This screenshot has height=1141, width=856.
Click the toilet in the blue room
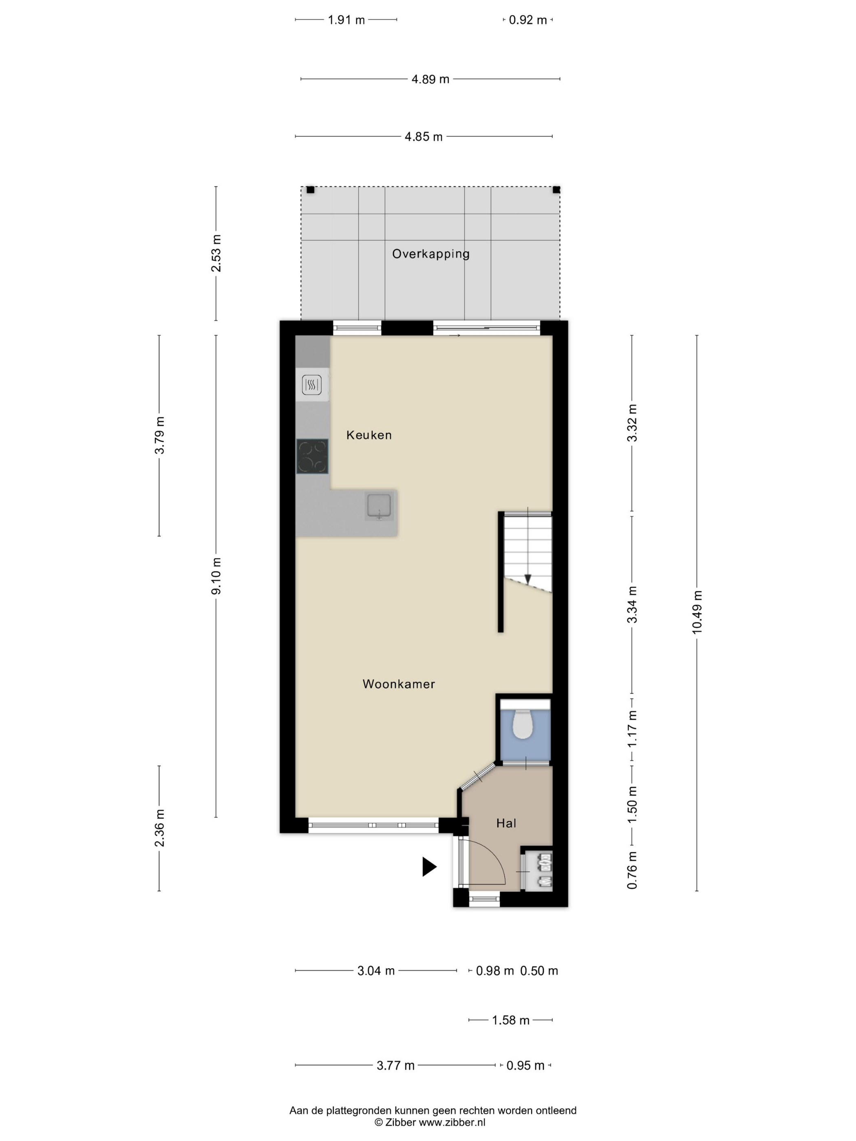tap(522, 724)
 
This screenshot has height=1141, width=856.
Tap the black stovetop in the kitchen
tap(312, 456)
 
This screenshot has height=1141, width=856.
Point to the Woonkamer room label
tap(399, 684)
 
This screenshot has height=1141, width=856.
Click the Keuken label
tap(369, 435)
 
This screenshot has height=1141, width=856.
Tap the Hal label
tap(506, 823)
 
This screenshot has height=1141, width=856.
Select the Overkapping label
tap(431, 254)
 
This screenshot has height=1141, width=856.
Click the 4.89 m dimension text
tap(430, 79)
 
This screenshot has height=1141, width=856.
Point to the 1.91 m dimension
tap(346, 20)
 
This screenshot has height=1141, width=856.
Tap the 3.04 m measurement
tap(376, 971)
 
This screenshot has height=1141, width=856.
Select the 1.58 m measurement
tap(511, 1020)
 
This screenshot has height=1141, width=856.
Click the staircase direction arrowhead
tap(527, 579)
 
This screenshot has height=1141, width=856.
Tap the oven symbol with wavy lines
tap(312, 385)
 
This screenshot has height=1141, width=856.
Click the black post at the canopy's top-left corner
tap(310, 190)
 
